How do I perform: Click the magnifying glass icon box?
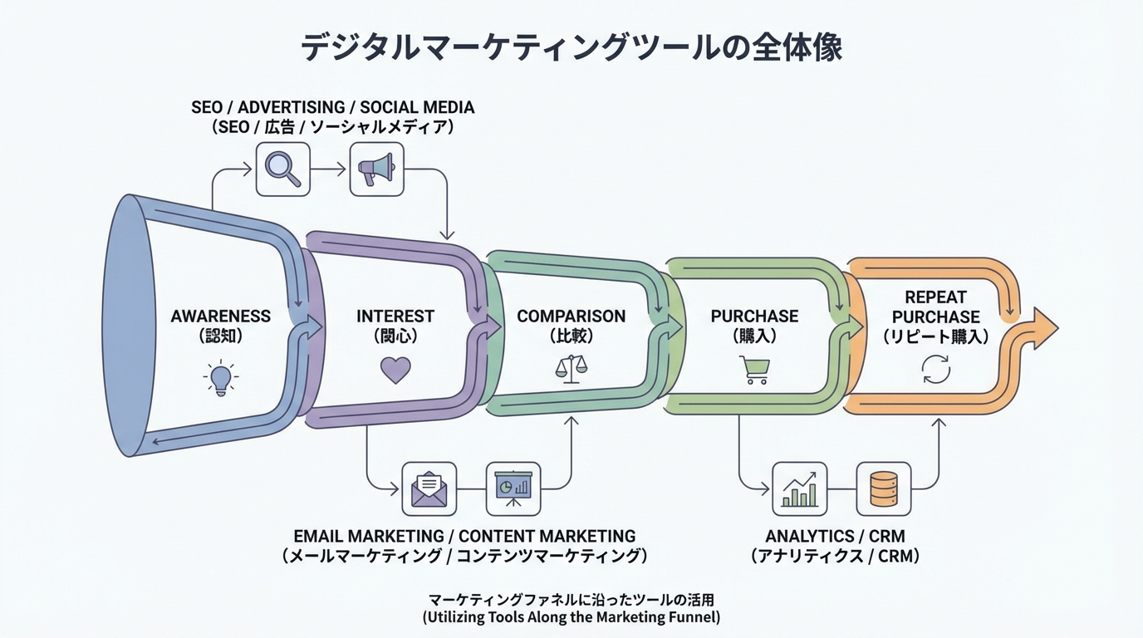coord(282,169)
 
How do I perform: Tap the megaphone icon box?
coord(376,169)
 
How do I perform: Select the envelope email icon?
coord(429,488)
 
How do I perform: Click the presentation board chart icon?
coord(513,488)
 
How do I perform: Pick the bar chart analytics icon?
coord(799,488)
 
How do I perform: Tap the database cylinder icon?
coord(883,488)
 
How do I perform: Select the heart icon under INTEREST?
coord(395,370)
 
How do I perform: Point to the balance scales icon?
coord(571,369)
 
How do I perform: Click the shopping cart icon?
coord(754,370)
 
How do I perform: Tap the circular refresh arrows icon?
coord(936,370)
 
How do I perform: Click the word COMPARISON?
coord(571,317)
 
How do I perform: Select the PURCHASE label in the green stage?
coord(754,317)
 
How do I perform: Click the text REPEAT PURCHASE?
coord(935,307)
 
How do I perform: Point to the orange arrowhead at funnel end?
coord(1044,328)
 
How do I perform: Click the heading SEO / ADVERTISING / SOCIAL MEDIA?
coord(332,108)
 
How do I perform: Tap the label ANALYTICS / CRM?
coord(835,537)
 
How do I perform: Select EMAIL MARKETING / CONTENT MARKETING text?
coord(464,537)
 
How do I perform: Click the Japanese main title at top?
coord(571,47)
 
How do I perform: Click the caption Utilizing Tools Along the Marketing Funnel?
coord(571,617)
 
